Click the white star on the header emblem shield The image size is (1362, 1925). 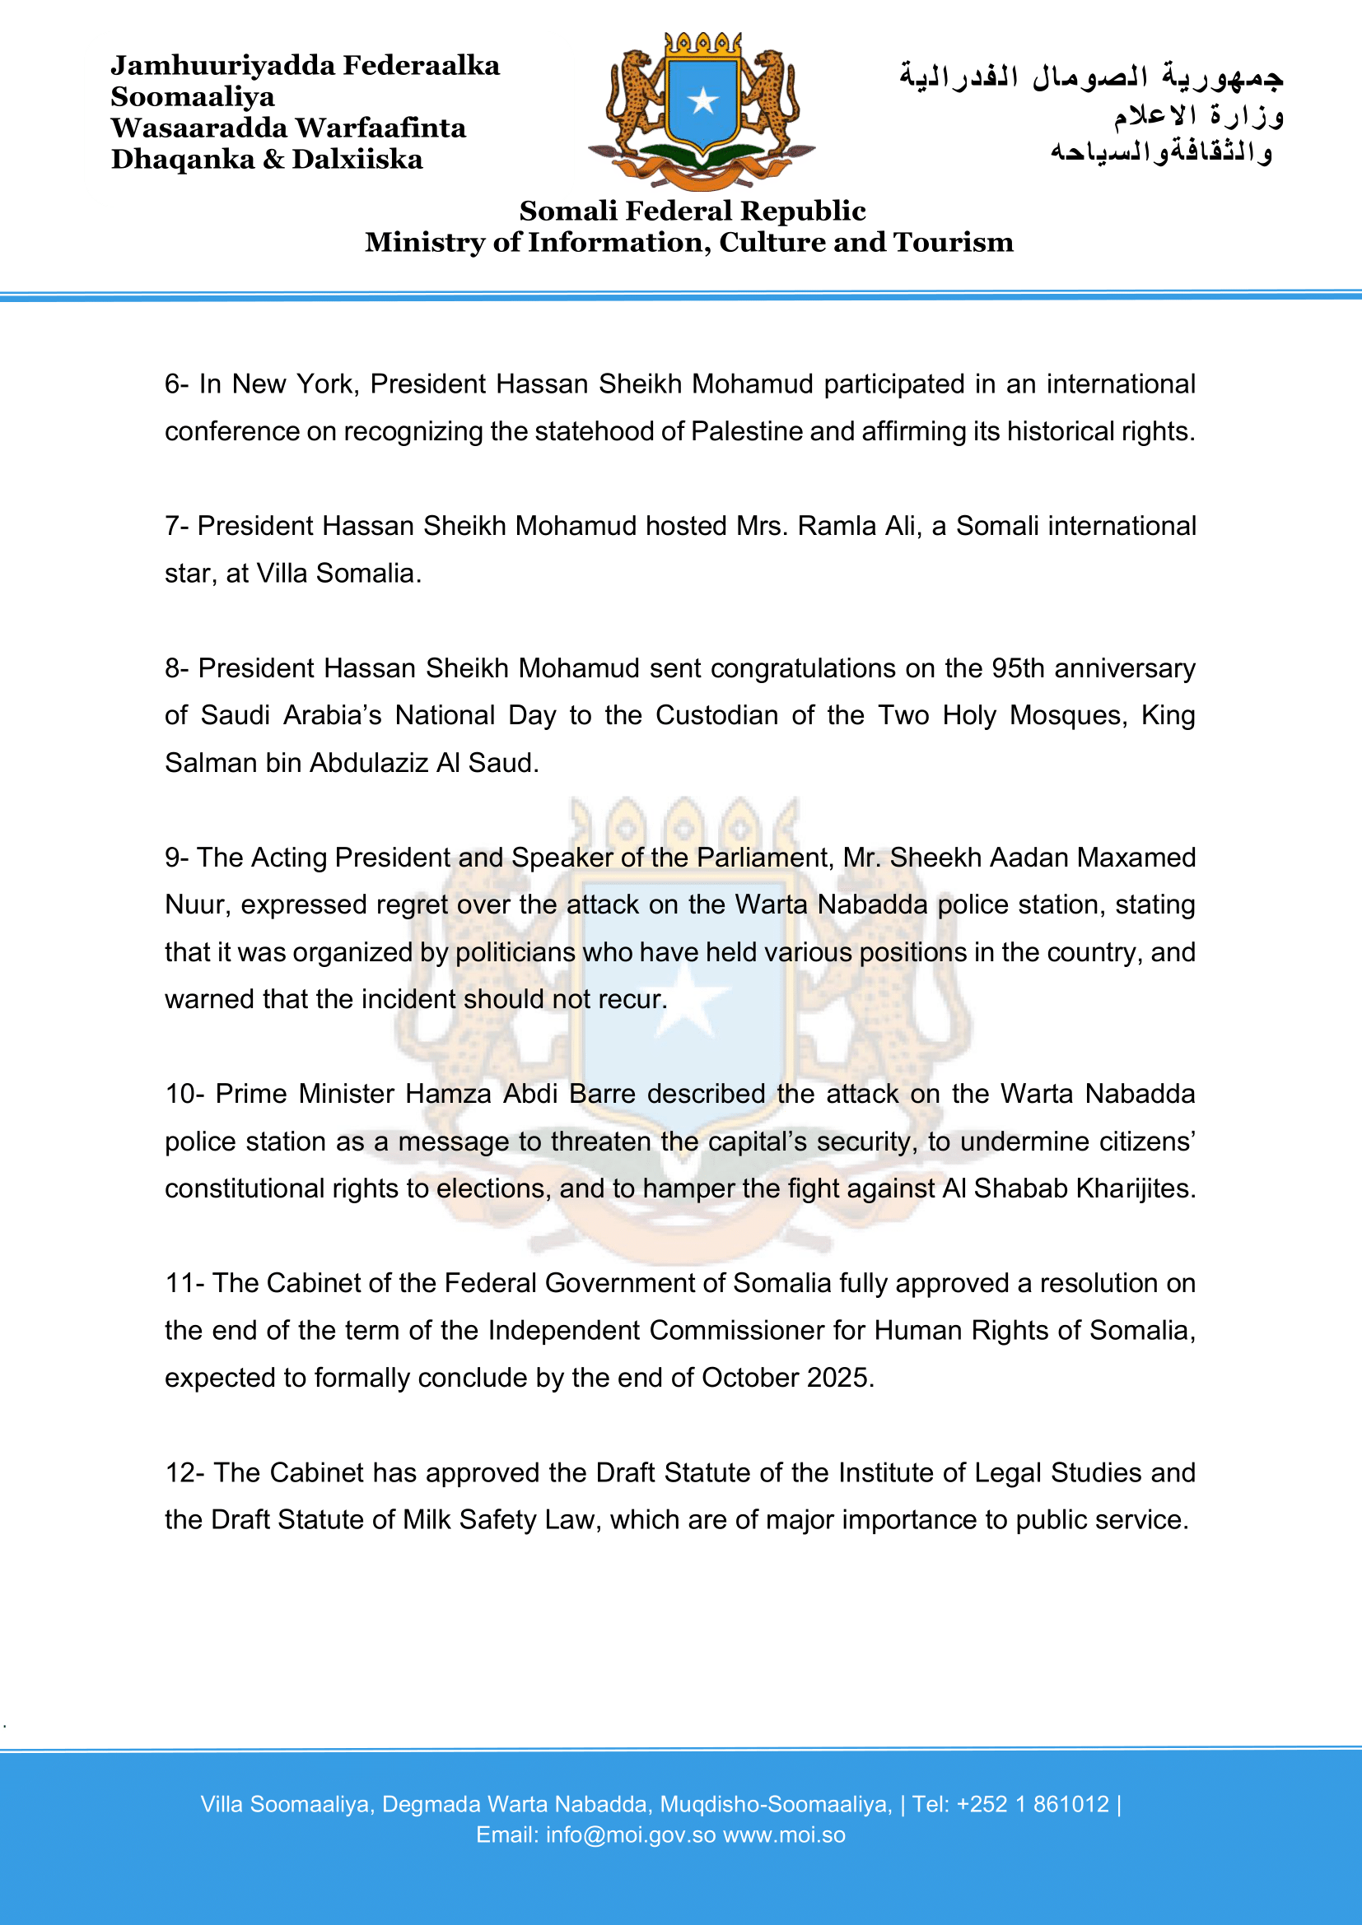point(702,101)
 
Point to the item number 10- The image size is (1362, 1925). point(186,1094)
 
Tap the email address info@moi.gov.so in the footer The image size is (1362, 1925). point(630,1835)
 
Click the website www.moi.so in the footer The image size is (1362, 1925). point(784,1835)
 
